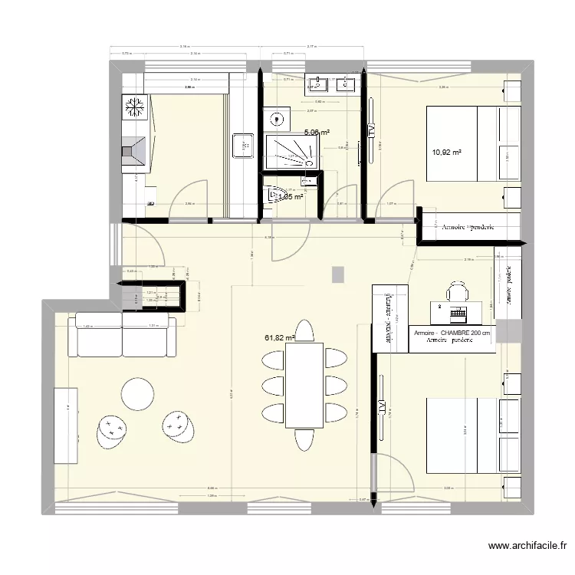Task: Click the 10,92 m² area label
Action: click(x=447, y=153)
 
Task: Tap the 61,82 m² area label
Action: click(x=280, y=337)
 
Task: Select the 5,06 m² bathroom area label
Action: click(x=317, y=132)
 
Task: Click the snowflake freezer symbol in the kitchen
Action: click(x=136, y=107)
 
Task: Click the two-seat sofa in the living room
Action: click(x=123, y=335)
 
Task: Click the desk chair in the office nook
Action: click(x=458, y=291)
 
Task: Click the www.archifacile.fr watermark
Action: click(x=527, y=547)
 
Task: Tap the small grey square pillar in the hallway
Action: click(x=338, y=274)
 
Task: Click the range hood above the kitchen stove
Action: click(x=136, y=150)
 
